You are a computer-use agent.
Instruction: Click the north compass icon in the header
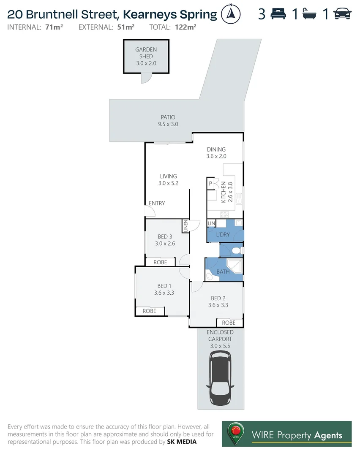[x=231, y=14]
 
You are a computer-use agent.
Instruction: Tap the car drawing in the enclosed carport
[x=220, y=378]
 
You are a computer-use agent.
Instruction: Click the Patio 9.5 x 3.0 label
[x=168, y=121]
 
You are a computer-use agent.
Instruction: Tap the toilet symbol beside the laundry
[x=237, y=251]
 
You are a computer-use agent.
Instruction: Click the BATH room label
[x=223, y=271]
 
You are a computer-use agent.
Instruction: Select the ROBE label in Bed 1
[x=149, y=311]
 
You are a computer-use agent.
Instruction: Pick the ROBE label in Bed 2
[x=229, y=323]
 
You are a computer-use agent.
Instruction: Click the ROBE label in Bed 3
[x=160, y=262]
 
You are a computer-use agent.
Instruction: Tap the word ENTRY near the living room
[x=157, y=204]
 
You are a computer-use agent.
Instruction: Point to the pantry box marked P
[x=210, y=183]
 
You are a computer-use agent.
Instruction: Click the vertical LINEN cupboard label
[x=185, y=226]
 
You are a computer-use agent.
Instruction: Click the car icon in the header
[x=343, y=14]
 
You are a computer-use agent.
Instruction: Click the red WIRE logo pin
[x=236, y=432]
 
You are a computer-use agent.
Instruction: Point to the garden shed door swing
[x=145, y=78]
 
